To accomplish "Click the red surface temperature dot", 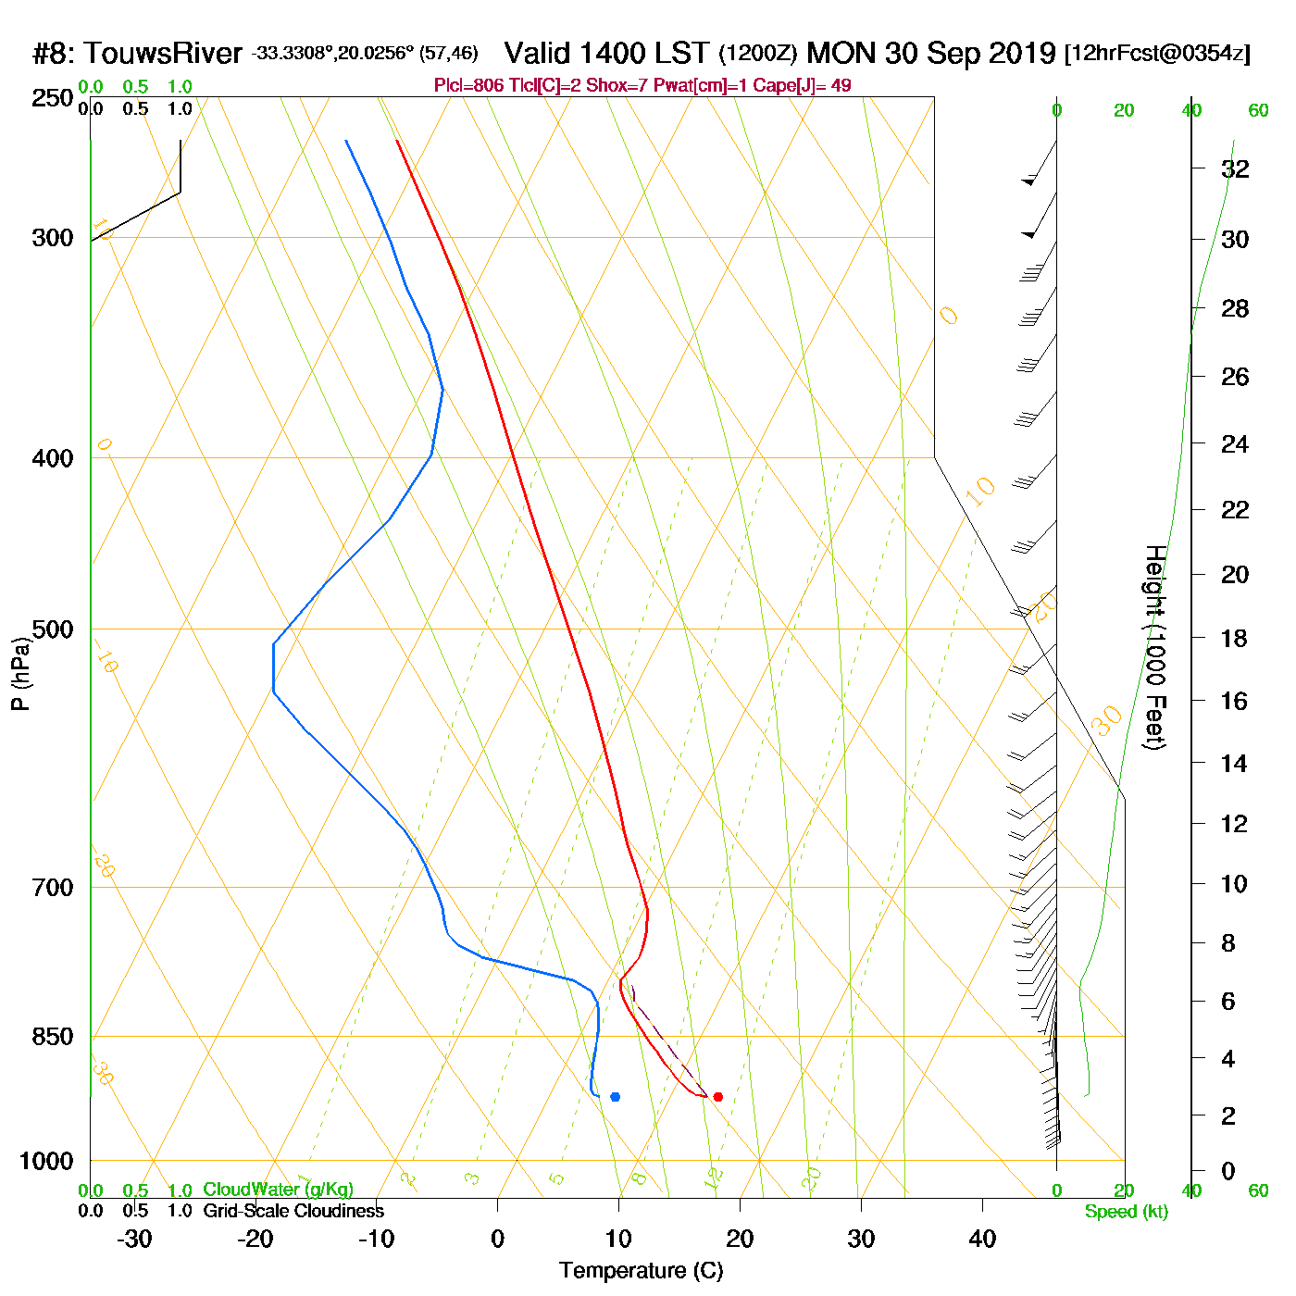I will click(717, 1097).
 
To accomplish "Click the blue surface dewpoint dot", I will click(615, 1097).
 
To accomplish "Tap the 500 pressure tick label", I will click(53, 629).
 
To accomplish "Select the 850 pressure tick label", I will click(53, 1037).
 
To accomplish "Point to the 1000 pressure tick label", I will click(46, 1161).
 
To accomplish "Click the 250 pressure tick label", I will click(53, 98).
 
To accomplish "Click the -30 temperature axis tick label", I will click(134, 1239).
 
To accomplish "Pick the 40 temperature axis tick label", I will click(982, 1239).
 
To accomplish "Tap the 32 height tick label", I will click(1235, 168).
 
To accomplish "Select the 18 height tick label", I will click(1235, 638).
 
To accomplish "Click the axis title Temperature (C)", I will click(641, 1271).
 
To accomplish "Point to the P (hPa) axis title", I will click(20, 674).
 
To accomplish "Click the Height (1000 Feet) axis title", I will click(1155, 647).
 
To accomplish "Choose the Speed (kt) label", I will click(1127, 1212).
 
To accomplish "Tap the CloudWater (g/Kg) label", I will click(278, 1190).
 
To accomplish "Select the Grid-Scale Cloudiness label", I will click(293, 1211).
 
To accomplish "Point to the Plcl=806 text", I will click(468, 86).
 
